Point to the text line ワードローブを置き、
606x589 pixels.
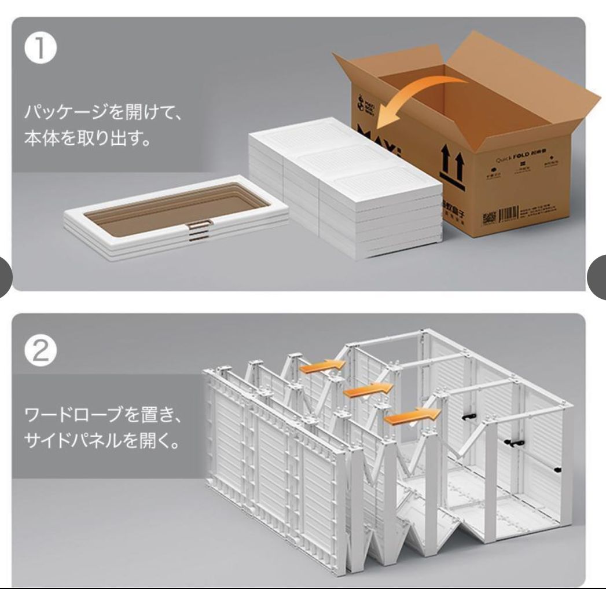click(104, 416)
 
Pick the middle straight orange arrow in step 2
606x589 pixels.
click(365, 390)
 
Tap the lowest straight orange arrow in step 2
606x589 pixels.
click(410, 415)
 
